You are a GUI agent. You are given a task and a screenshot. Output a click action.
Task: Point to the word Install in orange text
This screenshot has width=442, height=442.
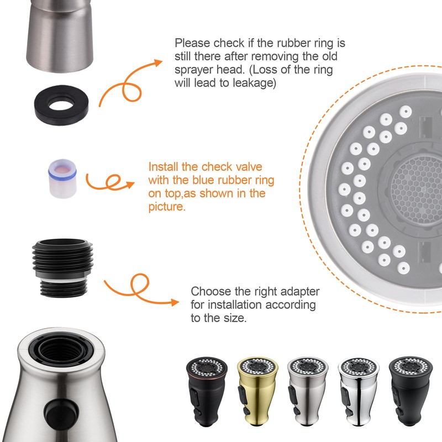pyautogui.click(x=165, y=167)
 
